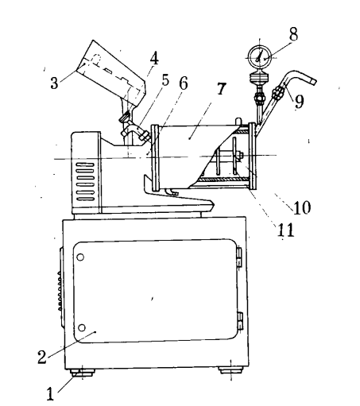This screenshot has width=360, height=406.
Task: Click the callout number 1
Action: [x=50, y=393]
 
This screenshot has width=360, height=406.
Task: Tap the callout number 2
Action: [x=42, y=357]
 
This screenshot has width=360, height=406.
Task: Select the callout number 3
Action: [x=54, y=83]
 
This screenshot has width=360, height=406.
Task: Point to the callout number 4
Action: [x=154, y=58]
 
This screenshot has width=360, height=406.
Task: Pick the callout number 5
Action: [x=165, y=80]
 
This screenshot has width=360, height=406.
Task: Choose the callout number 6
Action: [x=184, y=83]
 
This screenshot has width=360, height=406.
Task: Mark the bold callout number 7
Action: [x=222, y=89]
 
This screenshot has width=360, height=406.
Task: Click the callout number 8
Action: [x=293, y=34]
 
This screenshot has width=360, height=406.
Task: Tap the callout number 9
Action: [x=299, y=102]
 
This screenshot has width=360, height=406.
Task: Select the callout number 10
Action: [x=302, y=207]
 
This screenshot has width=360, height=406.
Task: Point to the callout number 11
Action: [x=285, y=230]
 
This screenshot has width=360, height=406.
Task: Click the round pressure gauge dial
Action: [x=259, y=57]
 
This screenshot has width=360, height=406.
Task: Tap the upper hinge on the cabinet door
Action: [x=239, y=257]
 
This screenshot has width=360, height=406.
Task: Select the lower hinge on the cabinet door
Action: [x=240, y=321]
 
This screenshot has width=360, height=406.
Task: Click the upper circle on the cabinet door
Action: [x=80, y=257]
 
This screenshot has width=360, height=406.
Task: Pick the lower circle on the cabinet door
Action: [x=82, y=328]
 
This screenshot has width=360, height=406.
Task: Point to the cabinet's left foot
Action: [x=83, y=373]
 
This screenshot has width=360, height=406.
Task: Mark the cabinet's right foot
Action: [x=230, y=369]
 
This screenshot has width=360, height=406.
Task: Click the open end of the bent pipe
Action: [x=313, y=81]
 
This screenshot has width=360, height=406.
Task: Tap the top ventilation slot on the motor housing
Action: [x=85, y=164]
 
